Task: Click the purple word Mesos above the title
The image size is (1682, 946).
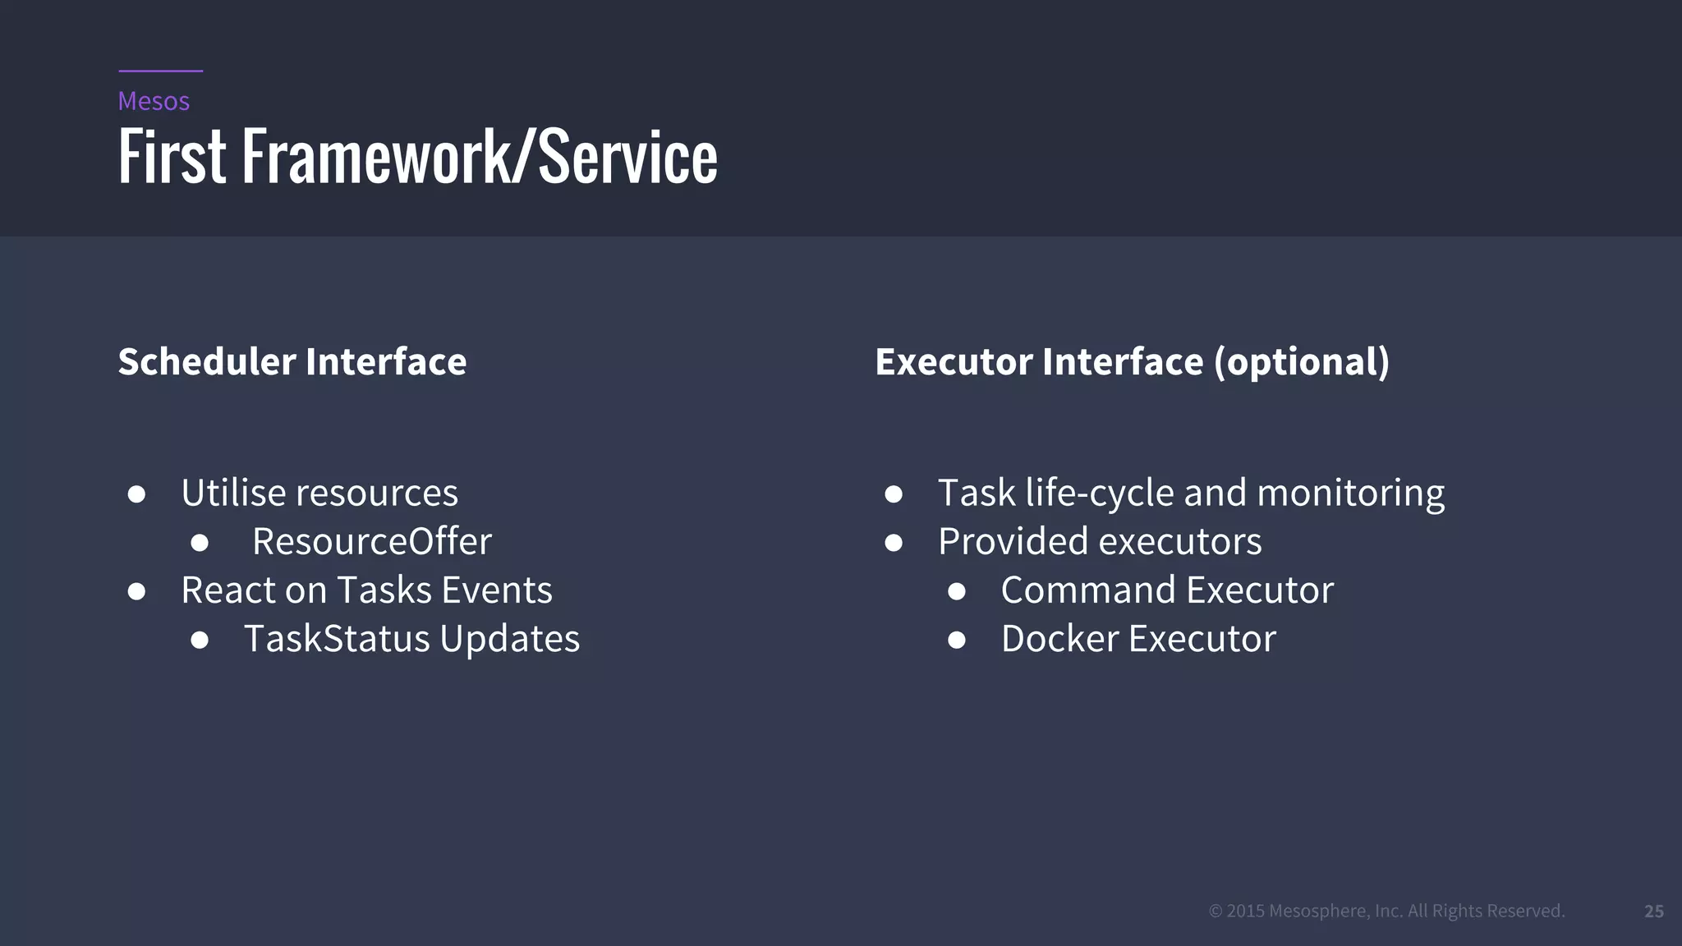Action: pyautogui.click(x=154, y=101)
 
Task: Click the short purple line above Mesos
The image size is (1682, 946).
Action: pyautogui.click(x=160, y=71)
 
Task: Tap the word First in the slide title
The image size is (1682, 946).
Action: pyautogui.click(x=172, y=156)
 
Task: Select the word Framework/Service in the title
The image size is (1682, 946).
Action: pyautogui.click(x=480, y=156)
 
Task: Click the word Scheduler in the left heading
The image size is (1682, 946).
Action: pyautogui.click(x=207, y=361)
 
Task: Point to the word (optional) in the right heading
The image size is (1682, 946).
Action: pyautogui.click(x=1302, y=362)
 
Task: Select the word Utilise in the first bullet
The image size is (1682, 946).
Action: pyautogui.click(x=233, y=493)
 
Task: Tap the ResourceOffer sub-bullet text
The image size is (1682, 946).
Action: pyautogui.click(x=371, y=541)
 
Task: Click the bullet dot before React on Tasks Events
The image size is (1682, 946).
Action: pyautogui.click(x=137, y=591)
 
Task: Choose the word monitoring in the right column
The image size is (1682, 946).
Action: pyautogui.click(x=1350, y=494)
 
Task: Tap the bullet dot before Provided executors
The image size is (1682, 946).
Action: pyautogui.click(x=894, y=543)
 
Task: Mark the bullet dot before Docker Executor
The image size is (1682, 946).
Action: pyautogui.click(x=956, y=640)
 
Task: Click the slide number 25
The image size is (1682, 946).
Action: pyautogui.click(x=1653, y=911)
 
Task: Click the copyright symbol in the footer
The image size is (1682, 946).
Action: pyautogui.click(x=1216, y=911)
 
